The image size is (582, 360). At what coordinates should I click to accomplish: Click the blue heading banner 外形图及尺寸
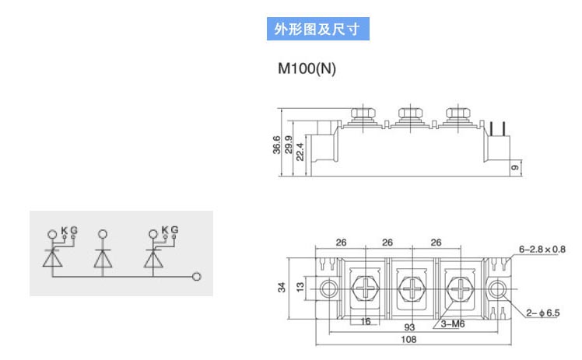[317, 29]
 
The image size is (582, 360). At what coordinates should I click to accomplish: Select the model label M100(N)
[307, 68]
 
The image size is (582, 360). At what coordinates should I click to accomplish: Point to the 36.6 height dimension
[277, 145]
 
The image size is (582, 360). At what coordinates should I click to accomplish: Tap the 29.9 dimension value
[289, 145]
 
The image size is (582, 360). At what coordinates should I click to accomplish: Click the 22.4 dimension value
[300, 152]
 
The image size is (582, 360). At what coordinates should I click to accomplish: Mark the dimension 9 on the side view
[515, 168]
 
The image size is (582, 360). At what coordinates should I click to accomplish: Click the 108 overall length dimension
[408, 340]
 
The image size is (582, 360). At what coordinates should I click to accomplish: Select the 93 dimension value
[409, 327]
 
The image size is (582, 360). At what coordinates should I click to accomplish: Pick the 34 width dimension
[282, 288]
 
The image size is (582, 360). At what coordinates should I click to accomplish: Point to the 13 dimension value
[300, 287]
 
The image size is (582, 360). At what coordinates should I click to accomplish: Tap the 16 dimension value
[366, 321]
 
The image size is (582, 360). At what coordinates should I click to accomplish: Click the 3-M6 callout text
[453, 324]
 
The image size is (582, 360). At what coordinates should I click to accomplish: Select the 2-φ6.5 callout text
[542, 313]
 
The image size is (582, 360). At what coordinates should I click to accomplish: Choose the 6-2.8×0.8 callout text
[542, 250]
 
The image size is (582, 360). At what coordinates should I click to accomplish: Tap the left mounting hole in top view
[329, 288]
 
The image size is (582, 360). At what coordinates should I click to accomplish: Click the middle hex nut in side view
[411, 112]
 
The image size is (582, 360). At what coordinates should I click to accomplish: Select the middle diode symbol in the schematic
[103, 258]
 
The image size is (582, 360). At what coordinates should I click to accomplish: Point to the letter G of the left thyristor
[74, 231]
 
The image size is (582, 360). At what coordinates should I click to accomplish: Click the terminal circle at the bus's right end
[197, 277]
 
